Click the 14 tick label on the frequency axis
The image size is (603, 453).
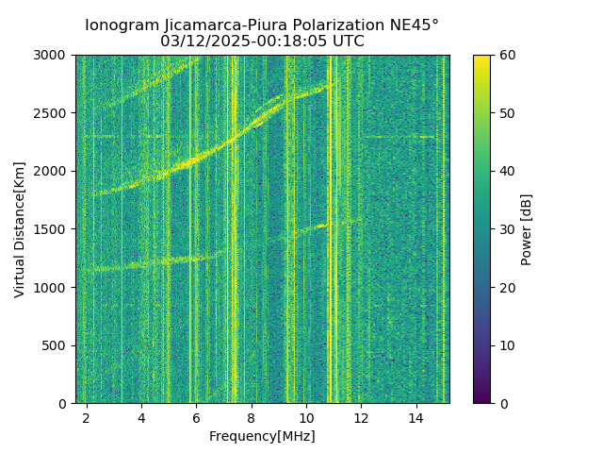416,417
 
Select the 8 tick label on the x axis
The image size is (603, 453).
252,417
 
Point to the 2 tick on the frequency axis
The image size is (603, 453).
87,417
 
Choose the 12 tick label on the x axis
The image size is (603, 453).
361,417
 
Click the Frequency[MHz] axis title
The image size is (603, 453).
262,436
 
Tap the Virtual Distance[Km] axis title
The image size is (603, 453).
20,229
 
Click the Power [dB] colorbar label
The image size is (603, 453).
527,229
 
